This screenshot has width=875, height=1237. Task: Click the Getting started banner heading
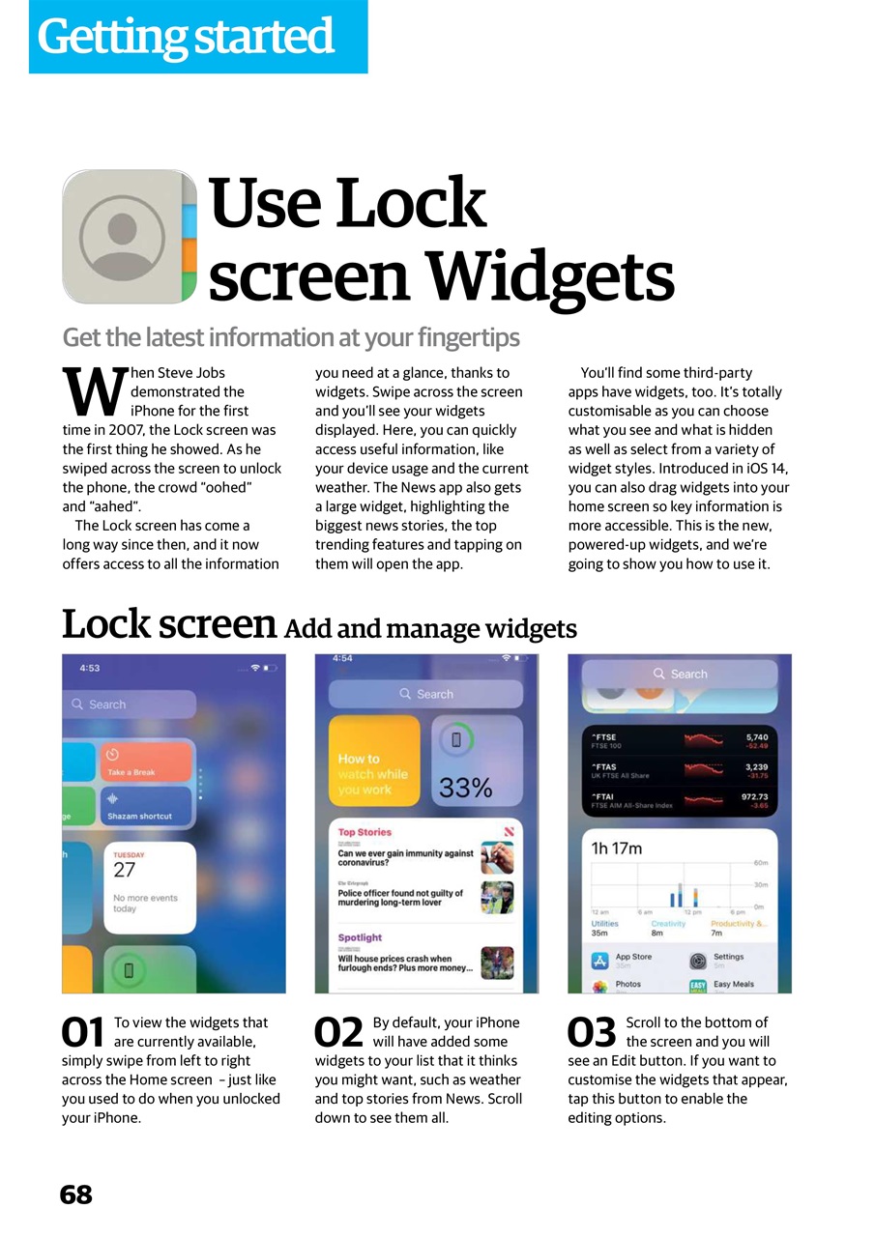[186, 37]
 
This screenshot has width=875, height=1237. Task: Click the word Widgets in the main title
[550, 276]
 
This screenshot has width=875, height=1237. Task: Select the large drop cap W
[93, 389]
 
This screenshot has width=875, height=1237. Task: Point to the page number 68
[76, 1195]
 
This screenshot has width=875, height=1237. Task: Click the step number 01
[83, 1033]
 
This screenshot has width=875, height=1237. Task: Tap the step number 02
[338, 1033]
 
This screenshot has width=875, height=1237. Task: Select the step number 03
[592, 1033]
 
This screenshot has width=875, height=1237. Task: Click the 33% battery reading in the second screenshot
[465, 789]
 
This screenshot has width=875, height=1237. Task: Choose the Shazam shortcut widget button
[146, 806]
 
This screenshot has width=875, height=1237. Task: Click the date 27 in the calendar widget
[125, 870]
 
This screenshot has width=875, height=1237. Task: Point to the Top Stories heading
[365, 832]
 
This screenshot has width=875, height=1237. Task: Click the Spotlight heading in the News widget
[360, 937]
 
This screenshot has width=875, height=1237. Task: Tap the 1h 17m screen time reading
[616, 849]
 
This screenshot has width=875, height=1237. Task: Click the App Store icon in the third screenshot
[599, 961]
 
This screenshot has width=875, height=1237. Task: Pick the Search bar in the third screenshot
[680, 674]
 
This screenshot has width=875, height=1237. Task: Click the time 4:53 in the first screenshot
[89, 668]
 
